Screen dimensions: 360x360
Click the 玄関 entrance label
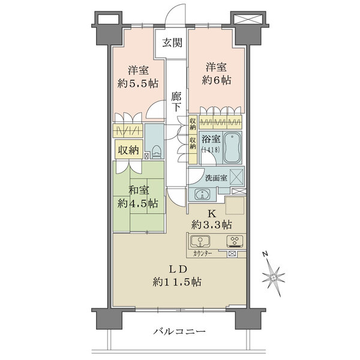point(172,43)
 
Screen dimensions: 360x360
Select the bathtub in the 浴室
point(232,148)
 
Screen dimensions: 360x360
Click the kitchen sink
point(200,241)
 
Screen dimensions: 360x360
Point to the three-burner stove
point(235,242)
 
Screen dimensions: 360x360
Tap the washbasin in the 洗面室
point(202,194)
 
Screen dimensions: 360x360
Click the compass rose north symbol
point(274,278)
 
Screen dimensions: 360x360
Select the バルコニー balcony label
point(179,331)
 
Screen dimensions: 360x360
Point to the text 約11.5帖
point(177,282)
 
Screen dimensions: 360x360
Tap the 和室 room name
point(139,190)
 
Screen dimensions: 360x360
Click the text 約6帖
point(217,80)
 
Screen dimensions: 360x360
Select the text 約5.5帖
point(138,83)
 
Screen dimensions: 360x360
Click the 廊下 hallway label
point(176,102)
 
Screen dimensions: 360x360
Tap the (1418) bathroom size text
point(211,149)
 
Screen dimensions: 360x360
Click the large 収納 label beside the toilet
point(128,150)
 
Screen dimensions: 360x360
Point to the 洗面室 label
point(216,178)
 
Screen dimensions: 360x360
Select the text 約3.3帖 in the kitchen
point(211,225)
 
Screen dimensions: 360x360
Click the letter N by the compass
point(265,254)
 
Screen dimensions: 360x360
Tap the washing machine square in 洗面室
point(236,177)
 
